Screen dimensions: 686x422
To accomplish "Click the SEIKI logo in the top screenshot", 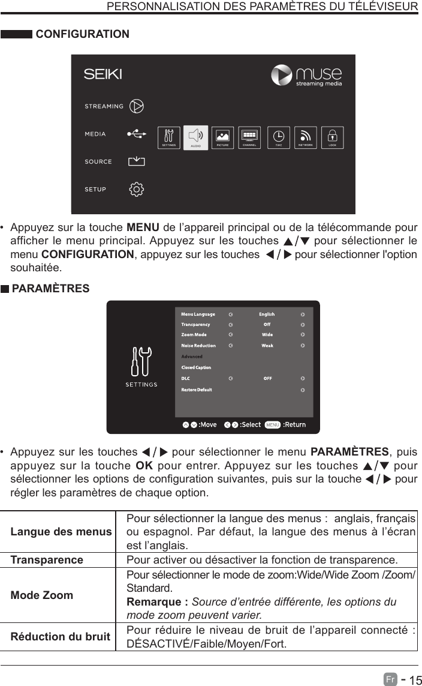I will (103, 74).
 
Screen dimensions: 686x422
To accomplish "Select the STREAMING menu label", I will (104, 106).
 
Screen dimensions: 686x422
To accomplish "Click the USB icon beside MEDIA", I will (136, 134).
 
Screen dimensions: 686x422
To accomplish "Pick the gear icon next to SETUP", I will (137, 189).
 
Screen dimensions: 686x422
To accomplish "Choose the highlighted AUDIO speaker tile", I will (195, 137).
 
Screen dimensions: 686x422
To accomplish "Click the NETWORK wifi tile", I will (306, 137).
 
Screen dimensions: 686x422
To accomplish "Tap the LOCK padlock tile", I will (332, 137).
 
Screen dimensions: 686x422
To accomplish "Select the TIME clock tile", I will (279, 137).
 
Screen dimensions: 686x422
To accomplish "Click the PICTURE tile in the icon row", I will (222, 137).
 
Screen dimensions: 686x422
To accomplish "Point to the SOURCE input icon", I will (137, 161).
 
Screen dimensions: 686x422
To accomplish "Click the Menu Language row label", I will (198, 314).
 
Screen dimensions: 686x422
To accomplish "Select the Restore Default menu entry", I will (197, 390).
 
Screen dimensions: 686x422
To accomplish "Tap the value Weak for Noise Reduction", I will (267, 346).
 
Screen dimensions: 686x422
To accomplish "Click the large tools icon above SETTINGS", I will (141, 363).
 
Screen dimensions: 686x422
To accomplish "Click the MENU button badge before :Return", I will (273, 425).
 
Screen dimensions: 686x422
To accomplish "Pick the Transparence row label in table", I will (47, 560).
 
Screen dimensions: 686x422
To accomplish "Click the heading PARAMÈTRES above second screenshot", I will (50, 289).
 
